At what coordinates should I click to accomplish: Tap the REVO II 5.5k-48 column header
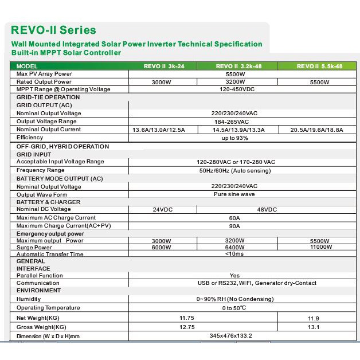(x=319, y=66)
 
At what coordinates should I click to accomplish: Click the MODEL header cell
(x=27, y=66)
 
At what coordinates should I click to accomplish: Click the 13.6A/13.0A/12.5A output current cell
(x=159, y=130)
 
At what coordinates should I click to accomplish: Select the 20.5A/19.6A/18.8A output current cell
(x=317, y=130)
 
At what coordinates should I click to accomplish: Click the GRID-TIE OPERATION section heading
(x=48, y=97)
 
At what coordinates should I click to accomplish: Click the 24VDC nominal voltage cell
(x=163, y=210)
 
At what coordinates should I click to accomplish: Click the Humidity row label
(x=29, y=299)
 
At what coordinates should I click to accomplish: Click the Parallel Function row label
(x=40, y=276)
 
